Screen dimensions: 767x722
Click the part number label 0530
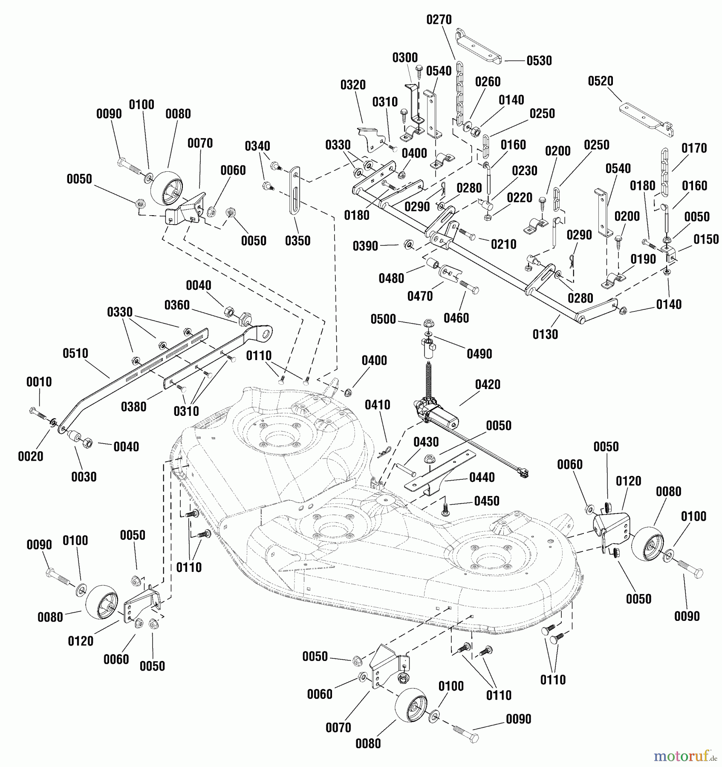(539, 61)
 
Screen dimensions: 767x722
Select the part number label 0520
(600, 81)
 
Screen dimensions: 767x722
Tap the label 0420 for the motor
(488, 384)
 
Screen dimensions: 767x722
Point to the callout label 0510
(75, 353)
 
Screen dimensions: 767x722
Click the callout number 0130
(545, 334)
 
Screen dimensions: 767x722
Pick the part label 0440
(482, 478)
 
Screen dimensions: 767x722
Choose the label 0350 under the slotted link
(297, 241)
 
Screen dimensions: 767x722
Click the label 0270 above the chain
(439, 20)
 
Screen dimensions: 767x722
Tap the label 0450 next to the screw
(486, 501)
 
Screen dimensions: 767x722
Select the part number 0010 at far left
(39, 382)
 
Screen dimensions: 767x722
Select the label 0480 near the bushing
(391, 279)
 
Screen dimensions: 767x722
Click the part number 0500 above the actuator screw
(383, 319)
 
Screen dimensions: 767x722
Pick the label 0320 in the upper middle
(353, 85)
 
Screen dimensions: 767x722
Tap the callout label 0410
(377, 405)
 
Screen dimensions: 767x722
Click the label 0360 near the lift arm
(177, 305)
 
